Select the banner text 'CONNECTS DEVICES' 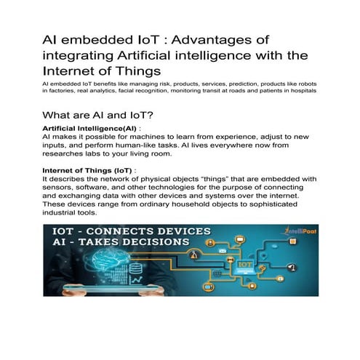(x=153, y=236)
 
